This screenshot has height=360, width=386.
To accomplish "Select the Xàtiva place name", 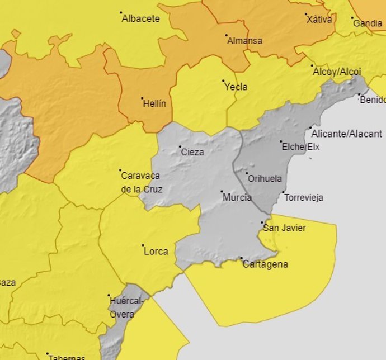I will point(319,20).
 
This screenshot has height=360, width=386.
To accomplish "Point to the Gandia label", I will point(368,23).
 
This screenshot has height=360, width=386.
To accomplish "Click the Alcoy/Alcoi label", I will point(336,72).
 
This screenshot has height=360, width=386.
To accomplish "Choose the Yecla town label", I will point(236,87).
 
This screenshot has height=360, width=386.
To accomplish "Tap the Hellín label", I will point(154,103).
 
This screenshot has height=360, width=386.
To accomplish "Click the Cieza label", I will point(192,152).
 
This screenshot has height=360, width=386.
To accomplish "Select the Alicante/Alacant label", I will point(346,134).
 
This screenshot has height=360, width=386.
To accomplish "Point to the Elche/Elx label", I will point(300,147).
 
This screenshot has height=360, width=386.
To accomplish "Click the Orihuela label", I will point(265,179).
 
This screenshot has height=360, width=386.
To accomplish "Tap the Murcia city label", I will point(237,197).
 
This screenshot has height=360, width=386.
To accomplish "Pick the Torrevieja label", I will point(303,197).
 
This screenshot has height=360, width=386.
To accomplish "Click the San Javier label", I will point(284,228).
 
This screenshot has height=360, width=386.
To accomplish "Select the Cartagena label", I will point(265,264).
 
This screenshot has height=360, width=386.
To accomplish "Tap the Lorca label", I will point(156,251).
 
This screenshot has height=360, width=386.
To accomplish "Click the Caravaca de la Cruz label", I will point(142,182).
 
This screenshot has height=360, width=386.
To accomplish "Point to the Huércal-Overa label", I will point(127,307).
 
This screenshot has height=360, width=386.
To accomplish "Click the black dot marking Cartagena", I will point(242,258).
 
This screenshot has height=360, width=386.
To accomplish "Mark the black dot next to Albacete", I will point(121,13).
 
